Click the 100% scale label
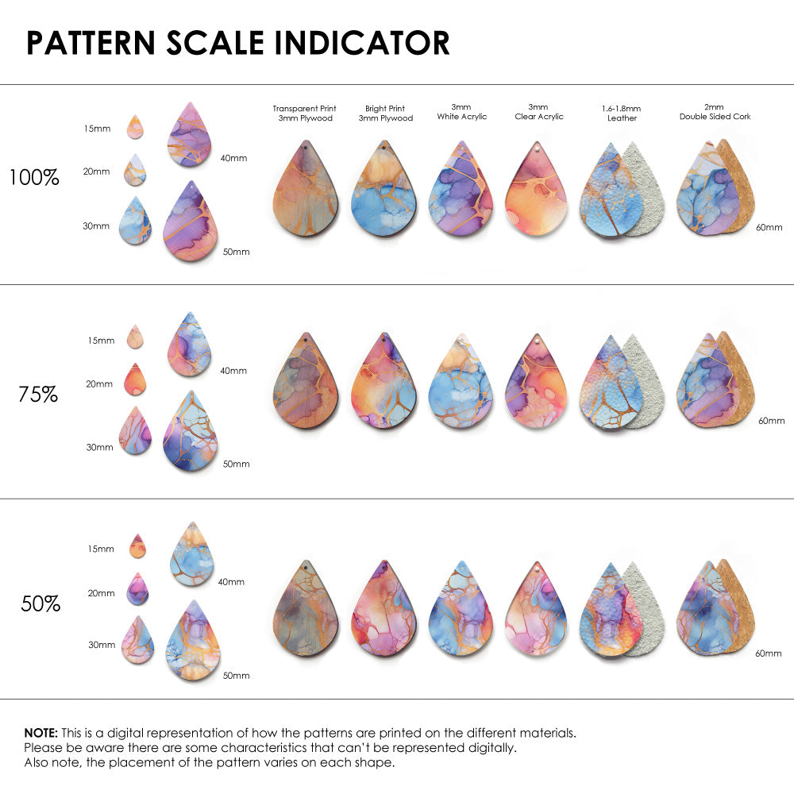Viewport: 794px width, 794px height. pyautogui.click(x=34, y=177)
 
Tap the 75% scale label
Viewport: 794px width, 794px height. pyautogui.click(x=38, y=393)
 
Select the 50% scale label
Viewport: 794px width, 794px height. pyautogui.click(x=40, y=603)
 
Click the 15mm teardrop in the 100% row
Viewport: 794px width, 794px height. pyautogui.click(x=135, y=127)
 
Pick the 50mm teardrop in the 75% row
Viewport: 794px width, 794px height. pyautogui.click(x=191, y=433)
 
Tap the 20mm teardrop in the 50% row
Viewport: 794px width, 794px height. pyautogui.click(x=137, y=589)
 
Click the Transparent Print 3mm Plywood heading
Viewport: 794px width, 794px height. pyautogui.click(x=304, y=114)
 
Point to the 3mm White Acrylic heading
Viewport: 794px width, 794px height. pyautogui.click(x=461, y=112)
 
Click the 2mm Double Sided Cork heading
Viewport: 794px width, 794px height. pyautogui.click(x=715, y=112)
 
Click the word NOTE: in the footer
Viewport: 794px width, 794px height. pyautogui.click(x=40, y=733)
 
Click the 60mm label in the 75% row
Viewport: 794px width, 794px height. pyautogui.click(x=771, y=420)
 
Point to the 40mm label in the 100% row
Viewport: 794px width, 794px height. pyautogui.click(x=233, y=158)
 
